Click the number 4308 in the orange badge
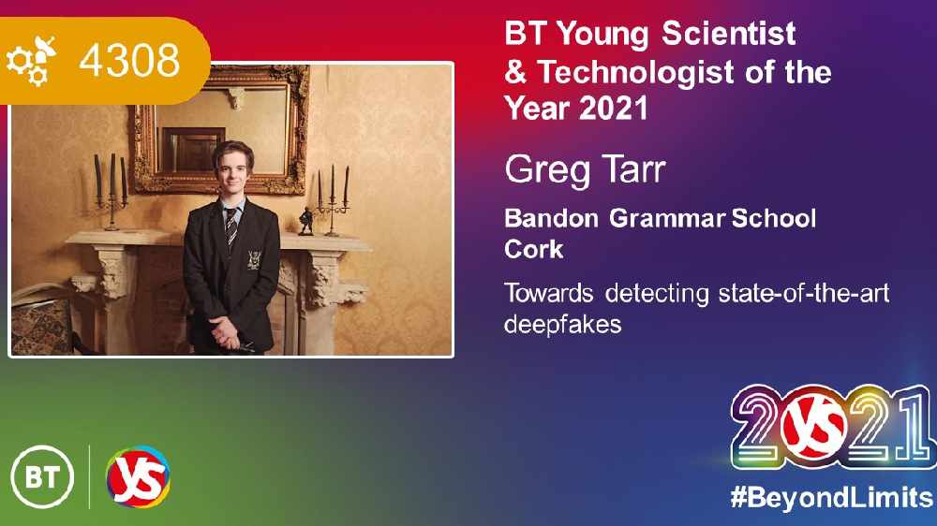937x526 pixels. point(129,60)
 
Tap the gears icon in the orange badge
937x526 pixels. point(31,61)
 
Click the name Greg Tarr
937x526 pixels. point(585,171)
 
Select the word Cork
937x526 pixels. point(534,249)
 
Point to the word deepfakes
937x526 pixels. point(563,325)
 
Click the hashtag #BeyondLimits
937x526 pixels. point(831,497)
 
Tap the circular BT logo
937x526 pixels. point(42,477)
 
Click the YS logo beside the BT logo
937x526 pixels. point(138,477)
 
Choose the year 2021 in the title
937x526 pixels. point(614,109)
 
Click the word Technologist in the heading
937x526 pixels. point(636,72)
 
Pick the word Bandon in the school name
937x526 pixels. point(552,218)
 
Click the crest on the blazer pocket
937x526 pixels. point(254,259)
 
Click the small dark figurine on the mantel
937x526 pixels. point(305,221)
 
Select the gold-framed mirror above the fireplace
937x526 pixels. point(221,129)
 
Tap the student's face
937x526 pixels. point(232,170)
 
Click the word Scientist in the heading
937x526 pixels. point(729,33)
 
